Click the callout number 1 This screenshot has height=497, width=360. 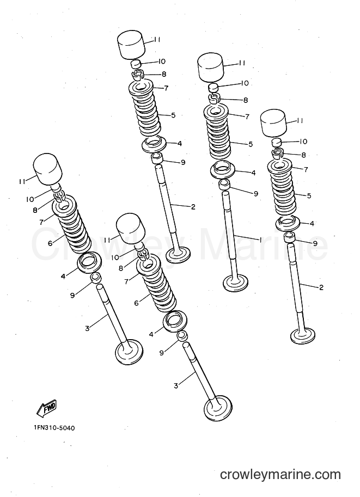260,240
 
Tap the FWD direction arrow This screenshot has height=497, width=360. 46,408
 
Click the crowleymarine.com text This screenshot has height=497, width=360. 280,475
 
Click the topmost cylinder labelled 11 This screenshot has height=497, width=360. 131,45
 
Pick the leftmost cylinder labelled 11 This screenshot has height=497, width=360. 47,169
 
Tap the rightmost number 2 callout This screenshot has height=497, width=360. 321,287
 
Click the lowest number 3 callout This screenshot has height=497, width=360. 176,385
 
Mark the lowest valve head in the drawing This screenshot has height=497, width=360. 218,409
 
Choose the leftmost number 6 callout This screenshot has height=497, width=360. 50,243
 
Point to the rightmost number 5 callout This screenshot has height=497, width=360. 309,195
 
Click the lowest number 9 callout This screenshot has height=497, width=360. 161,352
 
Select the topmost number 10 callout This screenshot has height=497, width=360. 161,61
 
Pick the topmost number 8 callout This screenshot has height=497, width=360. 164,74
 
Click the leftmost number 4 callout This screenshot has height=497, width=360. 63,277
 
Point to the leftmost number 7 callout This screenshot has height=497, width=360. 41,222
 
